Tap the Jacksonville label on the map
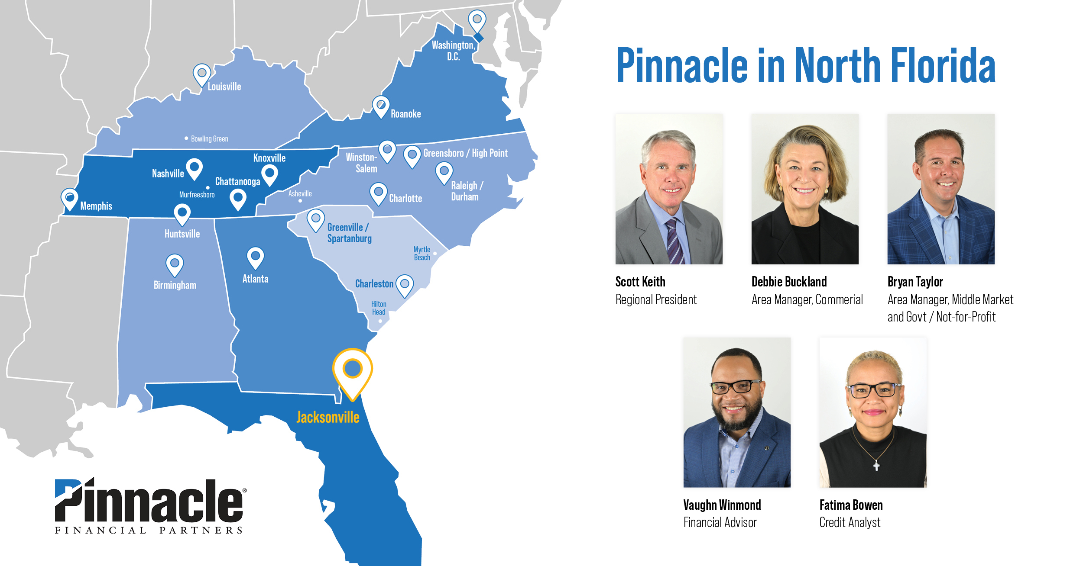point(328,417)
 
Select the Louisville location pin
point(202,75)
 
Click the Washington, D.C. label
point(453,51)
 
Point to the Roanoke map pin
point(381,107)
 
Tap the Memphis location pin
point(69,199)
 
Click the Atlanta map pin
point(256,258)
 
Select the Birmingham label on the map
point(175,285)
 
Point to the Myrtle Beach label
point(422,254)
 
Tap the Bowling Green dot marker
point(186,138)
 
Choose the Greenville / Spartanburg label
point(349,233)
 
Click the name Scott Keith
point(640,282)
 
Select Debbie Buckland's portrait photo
point(805,189)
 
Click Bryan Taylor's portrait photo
point(941,189)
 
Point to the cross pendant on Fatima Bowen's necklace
point(876,466)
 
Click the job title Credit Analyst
point(850,522)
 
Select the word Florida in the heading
point(943,65)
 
